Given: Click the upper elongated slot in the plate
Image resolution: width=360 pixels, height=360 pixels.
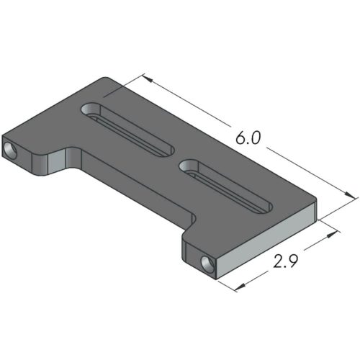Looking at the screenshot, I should click(129, 129).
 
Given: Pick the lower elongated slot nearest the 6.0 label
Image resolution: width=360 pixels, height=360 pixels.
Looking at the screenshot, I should click(226, 186).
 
